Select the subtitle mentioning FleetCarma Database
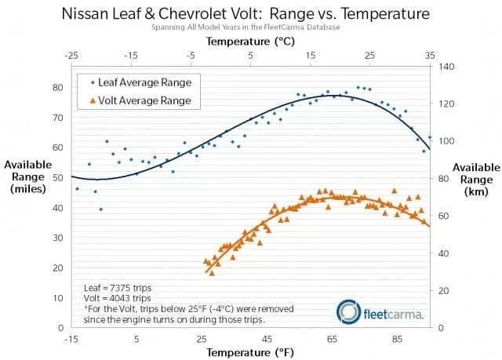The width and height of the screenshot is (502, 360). click(x=249, y=29)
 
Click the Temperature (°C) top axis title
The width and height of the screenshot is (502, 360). click(x=250, y=42)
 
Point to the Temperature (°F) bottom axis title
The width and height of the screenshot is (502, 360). click(x=250, y=353)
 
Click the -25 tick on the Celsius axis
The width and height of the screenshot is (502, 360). click(x=71, y=56)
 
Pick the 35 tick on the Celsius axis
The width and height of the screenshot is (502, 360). click(x=430, y=56)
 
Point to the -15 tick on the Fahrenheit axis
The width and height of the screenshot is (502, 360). click(x=71, y=339)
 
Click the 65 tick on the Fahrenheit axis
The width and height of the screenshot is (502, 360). click(x=333, y=339)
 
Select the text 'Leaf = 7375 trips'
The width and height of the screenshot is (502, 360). click(x=117, y=288)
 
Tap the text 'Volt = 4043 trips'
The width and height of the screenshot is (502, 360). click(x=117, y=298)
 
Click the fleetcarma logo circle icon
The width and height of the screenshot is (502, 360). click(x=349, y=311)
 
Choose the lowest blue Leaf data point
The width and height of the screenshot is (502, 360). click(x=100, y=209)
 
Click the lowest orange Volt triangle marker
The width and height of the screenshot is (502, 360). click(x=212, y=273)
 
